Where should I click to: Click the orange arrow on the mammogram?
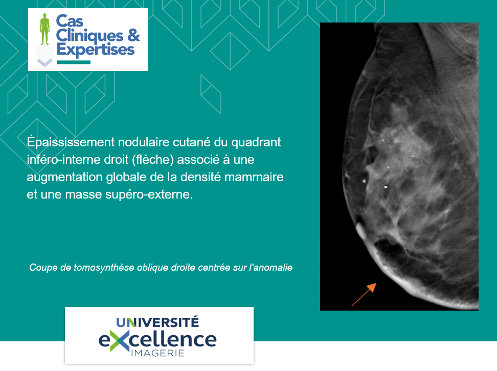pyautogui.click(x=364, y=294)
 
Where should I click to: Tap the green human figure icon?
pyautogui.click(x=44, y=29)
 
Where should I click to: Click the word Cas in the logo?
pyautogui.click(x=70, y=21)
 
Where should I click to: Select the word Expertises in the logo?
pyautogui.click(x=96, y=50)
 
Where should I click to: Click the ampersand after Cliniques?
pyautogui.click(x=133, y=35)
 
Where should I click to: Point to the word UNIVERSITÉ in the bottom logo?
pyautogui.click(x=157, y=322)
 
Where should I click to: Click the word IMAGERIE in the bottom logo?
pyautogui.click(x=157, y=353)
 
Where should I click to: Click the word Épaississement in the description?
pyautogui.click(x=71, y=142)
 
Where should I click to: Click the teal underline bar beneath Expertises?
pyautogui.click(x=74, y=62)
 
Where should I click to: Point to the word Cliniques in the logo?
pyautogui.click(x=89, y=36)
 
